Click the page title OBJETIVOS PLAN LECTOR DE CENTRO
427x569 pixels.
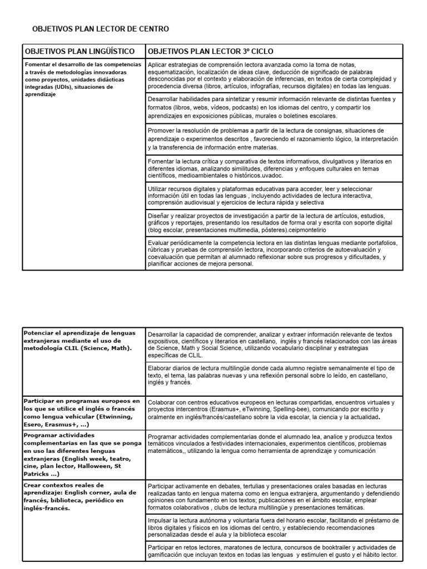pos(100,28)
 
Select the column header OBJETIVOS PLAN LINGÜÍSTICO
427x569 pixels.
pos(80,51)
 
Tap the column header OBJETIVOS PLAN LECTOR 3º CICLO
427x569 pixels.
pos(211,51)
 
